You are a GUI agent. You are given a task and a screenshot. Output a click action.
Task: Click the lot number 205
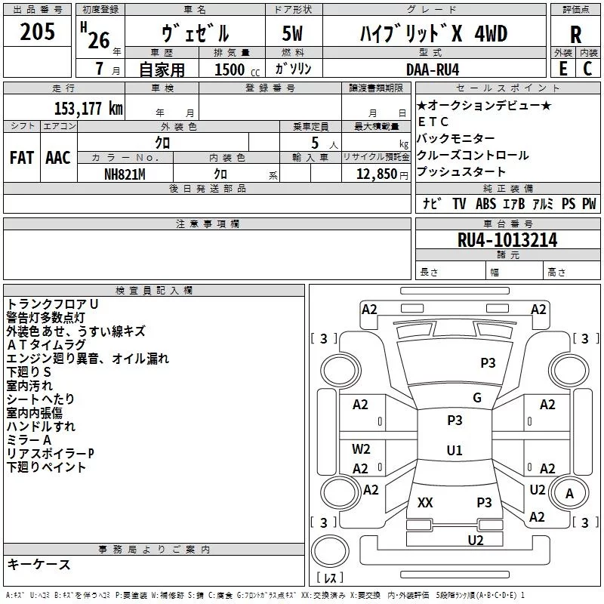pos(37,32)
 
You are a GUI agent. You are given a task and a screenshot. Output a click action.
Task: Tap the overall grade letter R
pos(575,35)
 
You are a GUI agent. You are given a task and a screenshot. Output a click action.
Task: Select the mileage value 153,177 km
pos(88,109)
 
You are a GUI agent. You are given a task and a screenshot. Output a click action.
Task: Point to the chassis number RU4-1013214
pos(507,240)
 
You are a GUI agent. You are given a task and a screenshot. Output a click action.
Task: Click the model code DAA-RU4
pos(433,69)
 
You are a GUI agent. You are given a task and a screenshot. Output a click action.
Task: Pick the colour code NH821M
pos(125,174)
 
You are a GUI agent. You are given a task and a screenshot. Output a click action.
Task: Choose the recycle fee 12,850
pos(376,174)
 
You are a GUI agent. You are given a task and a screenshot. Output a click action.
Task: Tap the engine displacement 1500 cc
pos(237,69)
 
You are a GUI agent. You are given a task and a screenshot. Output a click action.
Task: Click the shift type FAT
pos(22,158)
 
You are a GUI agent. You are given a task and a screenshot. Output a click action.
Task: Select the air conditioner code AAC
pos(58,158)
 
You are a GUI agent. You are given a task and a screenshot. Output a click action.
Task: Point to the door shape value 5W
pos(292,33)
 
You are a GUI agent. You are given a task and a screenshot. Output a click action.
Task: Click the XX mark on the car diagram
pos(425,502)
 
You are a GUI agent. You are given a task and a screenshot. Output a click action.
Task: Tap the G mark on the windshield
pos(477,397)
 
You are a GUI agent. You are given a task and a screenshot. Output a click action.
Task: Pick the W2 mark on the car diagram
pos(361,448)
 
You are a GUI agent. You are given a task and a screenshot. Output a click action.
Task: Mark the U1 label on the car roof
pos(455,450)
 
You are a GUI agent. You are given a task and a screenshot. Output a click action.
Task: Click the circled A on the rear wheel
pos(569,493)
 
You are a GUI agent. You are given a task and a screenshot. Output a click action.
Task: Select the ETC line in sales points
pos(433,122)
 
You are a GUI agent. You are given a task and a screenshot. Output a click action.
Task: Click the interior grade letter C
pos(587,69)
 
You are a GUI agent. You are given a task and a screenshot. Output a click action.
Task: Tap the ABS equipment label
pos(485,203)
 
